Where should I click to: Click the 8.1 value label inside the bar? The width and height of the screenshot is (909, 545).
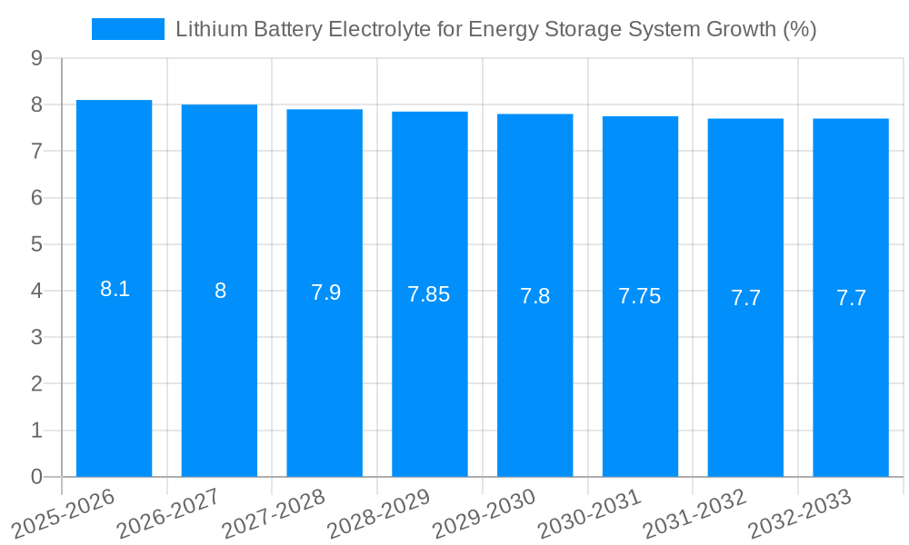coord(115,290)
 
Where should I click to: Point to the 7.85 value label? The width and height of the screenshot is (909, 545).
coord(429,294)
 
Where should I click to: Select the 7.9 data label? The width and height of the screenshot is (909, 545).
coord(325,292)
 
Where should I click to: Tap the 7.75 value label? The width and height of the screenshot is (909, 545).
coord(640,296)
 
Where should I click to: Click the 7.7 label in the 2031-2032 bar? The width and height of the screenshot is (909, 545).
coord(745,298)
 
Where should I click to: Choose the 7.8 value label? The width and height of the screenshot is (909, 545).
coord(534,296)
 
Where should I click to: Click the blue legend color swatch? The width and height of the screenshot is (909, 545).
coord(127,29)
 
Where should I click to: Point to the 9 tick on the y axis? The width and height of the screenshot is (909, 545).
coord(36,58)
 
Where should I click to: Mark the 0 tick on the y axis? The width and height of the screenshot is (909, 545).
coord(36,477)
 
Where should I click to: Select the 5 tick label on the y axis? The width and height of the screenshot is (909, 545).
coord(36,244)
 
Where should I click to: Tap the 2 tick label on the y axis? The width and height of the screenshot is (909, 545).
coord(36,384)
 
